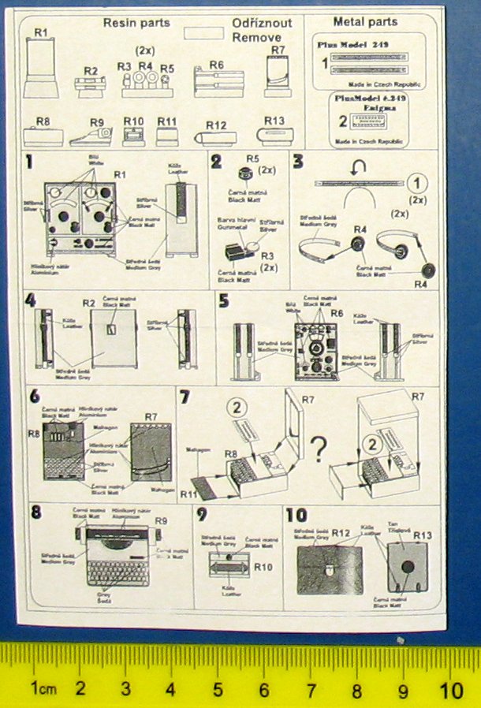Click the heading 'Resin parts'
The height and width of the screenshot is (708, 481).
(x=136, y=23)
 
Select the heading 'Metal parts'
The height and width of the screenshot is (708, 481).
(x=365, y=21)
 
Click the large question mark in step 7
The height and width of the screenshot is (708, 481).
(x=318, y=451)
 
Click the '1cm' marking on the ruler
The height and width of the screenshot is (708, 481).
(x=43, y=688)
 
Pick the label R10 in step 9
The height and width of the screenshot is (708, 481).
(x=263, y=566)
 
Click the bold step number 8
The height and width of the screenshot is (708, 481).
(x=35, y=510)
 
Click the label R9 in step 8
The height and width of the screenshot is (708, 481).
(x=161, y=520)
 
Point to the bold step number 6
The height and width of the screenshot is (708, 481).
(x=34, y=397)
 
